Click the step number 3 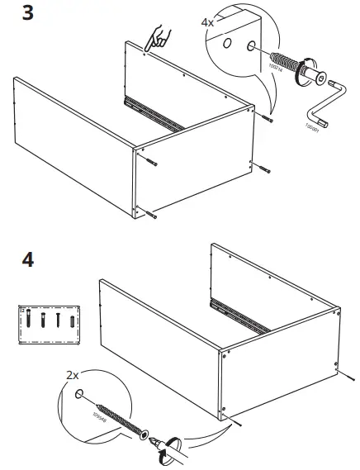click(x=28, y=16)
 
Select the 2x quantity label click(x=73, y=375)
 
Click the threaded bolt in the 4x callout click(x=284, y=64)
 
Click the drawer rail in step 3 click(x=153, y=113)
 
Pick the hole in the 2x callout click(x=80, y=395)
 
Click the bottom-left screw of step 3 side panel click(x=152, y=215)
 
